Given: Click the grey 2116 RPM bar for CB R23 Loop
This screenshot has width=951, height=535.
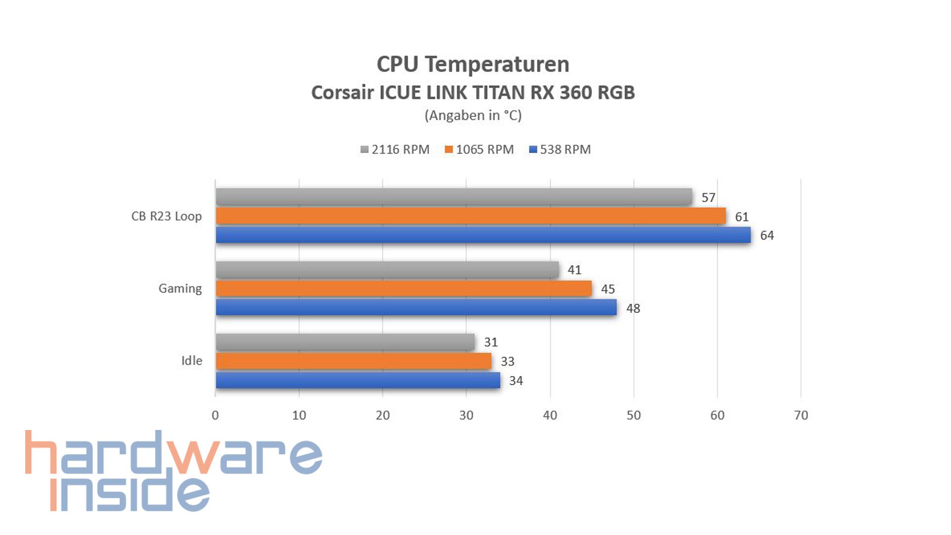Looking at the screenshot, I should coord(454,197).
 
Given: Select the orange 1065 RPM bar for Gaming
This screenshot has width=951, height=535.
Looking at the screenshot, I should coord(404,288).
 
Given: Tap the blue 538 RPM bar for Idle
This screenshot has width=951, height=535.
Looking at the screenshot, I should coord(358,380).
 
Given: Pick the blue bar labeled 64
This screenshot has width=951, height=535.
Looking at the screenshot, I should coord(483,235).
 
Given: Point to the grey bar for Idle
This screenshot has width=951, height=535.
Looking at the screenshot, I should coord(345,342).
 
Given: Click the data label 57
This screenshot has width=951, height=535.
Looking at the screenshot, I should coord(708,198).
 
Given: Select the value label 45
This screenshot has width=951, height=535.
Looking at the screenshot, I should coord(608,289).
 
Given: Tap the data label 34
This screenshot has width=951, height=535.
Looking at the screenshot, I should coord(516,381).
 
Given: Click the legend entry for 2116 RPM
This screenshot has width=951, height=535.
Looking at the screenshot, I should coord(395,150).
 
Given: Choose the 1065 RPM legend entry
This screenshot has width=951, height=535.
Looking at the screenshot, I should coord(479,150).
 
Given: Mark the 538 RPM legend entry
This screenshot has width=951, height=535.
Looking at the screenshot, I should coord(560,150).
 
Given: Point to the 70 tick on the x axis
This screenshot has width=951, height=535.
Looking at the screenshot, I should coord(800,416).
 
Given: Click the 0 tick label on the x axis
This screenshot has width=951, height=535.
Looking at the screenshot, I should coord(215,416).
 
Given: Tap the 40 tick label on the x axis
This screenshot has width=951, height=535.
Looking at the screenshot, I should coord(550,416).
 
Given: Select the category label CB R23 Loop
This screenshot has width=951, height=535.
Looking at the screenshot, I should coord(166,216).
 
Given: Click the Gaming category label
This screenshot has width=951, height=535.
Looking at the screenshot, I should coord(180,288).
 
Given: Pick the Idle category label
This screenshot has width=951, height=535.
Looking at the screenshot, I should coord(192,361).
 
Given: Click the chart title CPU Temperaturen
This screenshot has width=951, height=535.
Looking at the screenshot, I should coord(473,64).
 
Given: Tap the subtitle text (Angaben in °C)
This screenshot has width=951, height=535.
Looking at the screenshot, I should coord(473,115).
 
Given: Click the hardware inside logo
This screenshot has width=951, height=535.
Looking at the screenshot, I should coord(173,471).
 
